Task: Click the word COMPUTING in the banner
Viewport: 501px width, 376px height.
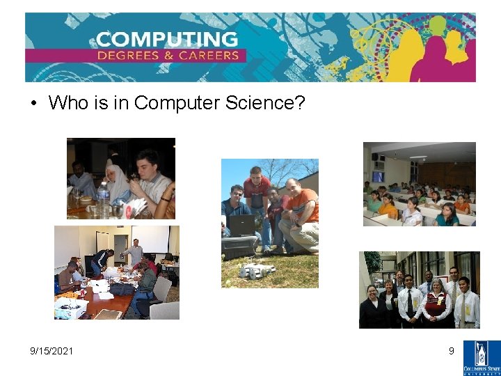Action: pos(167,39)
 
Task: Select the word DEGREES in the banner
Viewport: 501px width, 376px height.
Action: pos(131,56)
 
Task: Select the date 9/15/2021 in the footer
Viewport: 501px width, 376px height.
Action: pos(51,351)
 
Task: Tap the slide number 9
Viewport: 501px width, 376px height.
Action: pos(451,351)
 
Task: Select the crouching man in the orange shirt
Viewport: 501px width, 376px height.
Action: pos(299,212)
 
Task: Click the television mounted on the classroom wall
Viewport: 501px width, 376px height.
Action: pos(377,176)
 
